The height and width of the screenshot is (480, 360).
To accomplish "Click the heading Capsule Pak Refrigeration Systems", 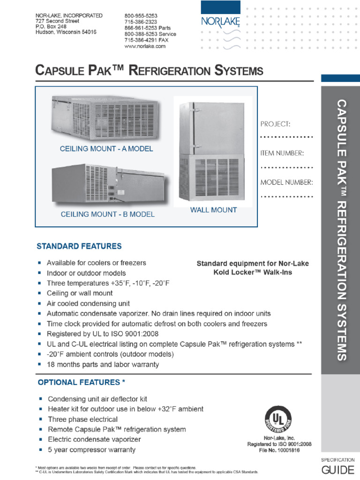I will (149, 71).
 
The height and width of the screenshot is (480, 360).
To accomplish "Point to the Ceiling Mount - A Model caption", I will (106, 149).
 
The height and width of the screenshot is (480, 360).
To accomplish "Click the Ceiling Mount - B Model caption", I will (107, 215).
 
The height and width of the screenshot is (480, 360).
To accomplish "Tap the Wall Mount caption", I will (213, 210).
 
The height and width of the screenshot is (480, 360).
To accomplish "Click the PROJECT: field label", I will (275, 124).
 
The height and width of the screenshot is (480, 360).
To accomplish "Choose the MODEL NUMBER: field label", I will (286, 182).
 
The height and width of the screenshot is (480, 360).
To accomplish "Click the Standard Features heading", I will (79, 246).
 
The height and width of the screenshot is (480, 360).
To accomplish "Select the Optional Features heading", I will (81, 382).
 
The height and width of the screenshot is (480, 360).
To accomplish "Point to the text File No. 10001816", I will (279, 450).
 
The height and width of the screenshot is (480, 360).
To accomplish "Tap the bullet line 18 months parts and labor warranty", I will (103, 364).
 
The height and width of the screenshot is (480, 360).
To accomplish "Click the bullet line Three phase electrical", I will (83, 420).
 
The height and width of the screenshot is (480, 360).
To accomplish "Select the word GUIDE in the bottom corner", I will (337, 470).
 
